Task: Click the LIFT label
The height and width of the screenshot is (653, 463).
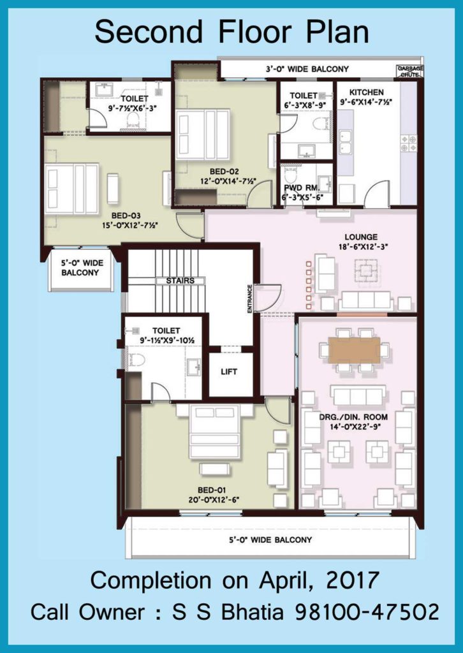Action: (x=229, y=372)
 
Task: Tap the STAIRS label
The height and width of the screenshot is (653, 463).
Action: (x=180, y=281)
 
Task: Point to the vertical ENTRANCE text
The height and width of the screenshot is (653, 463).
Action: (x=250, y=299)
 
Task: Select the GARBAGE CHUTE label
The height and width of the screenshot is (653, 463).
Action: (x=410, y=71)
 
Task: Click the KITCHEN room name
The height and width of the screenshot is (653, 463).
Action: (x=367, y=92)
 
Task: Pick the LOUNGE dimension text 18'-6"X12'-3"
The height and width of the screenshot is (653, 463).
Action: (x=364, y=247)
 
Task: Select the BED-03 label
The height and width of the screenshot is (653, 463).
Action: (x=126, y=216)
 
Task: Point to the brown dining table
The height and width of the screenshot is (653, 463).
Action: (x=354, y=350)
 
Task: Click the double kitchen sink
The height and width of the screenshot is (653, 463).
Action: (x=346, y=142)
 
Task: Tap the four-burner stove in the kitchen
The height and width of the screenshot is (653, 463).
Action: (x=408, y=143)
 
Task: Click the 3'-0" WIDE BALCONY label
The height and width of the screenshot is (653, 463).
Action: (x=307, y=69)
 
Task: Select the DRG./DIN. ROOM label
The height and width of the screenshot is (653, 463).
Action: (x=353, y=417)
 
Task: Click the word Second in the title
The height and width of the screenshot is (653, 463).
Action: (x=149, y=33)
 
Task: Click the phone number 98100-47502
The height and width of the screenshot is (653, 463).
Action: (x=367, y=613)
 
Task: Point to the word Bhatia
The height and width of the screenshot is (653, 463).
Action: (x=253, y=613)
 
